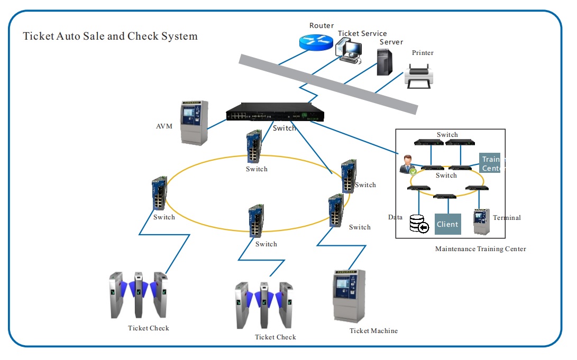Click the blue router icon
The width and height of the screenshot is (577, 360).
[x=316, y=42]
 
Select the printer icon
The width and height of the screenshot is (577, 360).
[x=419, y=76]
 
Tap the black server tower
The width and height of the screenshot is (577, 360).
[x=384, y=62]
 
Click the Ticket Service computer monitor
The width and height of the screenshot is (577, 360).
[x=349, y=51]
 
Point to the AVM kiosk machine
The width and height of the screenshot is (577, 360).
[x=194, y=123]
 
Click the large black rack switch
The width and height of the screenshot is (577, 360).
[x=275, y=112]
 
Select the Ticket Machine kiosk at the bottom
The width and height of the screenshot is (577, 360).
[x=349, y=296]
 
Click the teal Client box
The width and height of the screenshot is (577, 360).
[x=448, y=224]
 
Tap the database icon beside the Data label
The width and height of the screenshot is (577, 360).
[x=419, y=224]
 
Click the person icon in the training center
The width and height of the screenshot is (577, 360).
[x=407, y=164]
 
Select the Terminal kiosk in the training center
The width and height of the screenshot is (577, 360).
[x=482, y=221]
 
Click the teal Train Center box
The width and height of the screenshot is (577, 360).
[x=490, y=163]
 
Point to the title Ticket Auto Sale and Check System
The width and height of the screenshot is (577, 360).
[x=111, y=36]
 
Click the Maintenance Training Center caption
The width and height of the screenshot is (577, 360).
[x=481, y=249]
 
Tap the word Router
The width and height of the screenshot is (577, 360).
[x=322, y=25]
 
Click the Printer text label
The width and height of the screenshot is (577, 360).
[x=423, y=52]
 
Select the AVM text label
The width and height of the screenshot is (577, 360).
[x=164, y=126]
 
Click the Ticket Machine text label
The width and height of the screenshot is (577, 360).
[x=373, y=330]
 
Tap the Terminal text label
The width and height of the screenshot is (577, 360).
[x=507, y=218]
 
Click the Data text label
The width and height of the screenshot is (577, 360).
[x=395, y=217]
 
